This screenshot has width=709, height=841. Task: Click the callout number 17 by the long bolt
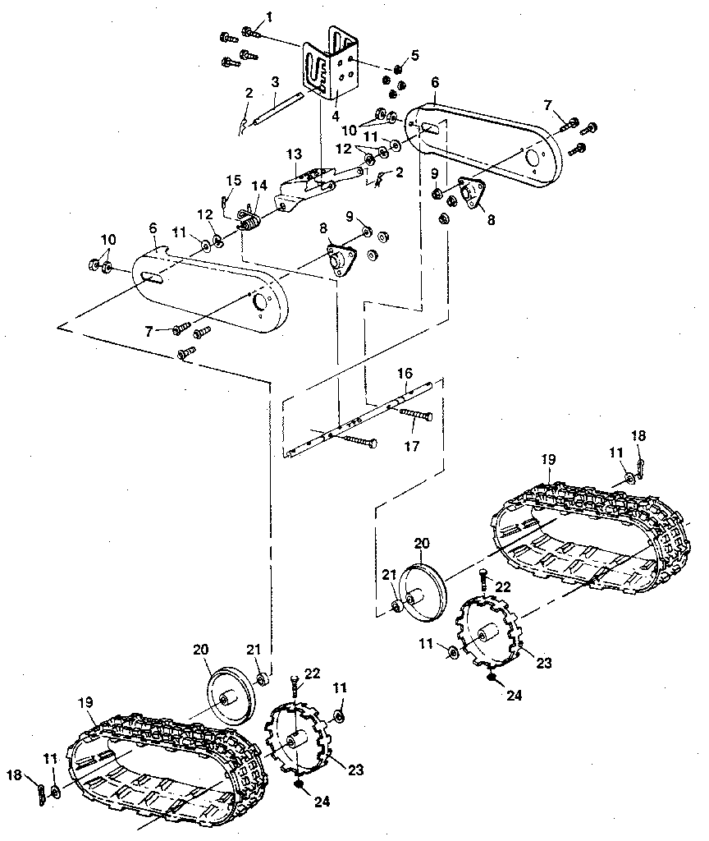(412, 447)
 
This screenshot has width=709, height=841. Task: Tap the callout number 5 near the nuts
(414, 55)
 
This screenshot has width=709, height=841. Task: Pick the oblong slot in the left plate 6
(153, 278)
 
